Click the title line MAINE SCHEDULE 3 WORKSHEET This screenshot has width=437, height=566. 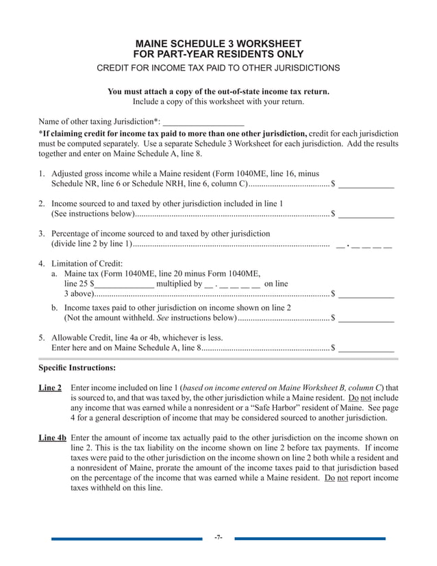(218, 43)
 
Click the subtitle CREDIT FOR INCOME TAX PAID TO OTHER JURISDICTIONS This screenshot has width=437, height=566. (218, 69)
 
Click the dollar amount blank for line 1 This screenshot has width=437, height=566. (366, 184)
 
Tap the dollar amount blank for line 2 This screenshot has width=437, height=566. (366, 215)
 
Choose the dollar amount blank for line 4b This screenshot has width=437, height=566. (366, 319)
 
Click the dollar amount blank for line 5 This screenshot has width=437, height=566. (366, 349)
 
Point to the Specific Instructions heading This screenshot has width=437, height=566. (77, 368)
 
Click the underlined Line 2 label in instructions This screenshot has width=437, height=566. (50, 389)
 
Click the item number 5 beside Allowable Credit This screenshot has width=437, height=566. (41, 338)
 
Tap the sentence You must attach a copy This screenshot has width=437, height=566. (218, 92)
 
